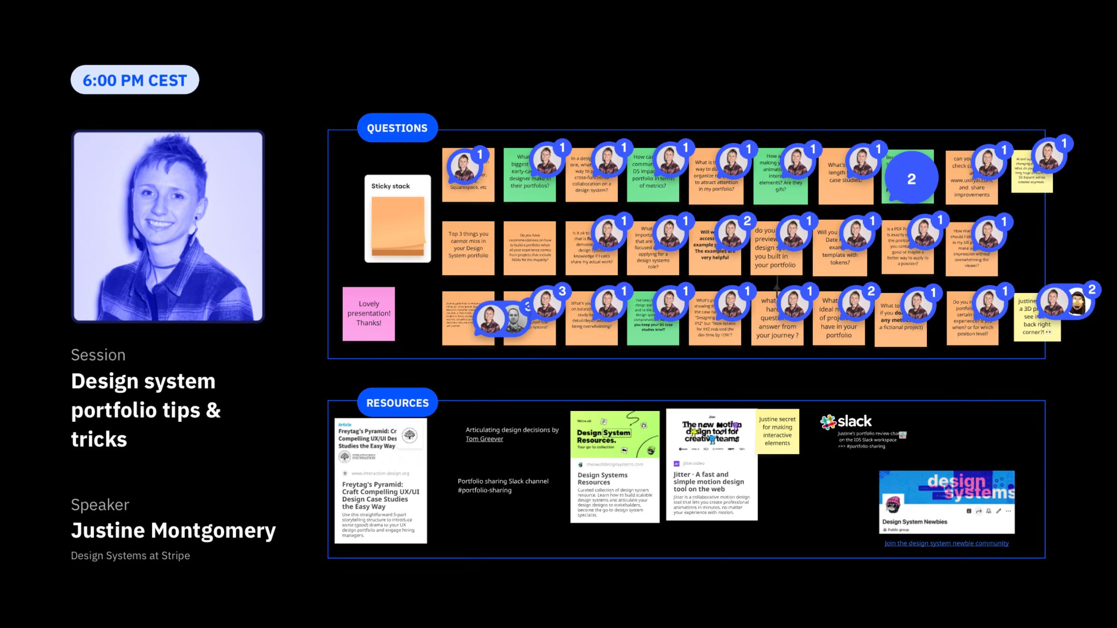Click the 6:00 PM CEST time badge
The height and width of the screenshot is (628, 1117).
pyautogui.click(x=135, y=80)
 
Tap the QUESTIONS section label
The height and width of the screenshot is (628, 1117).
pyautogui.click(x=397, y=128)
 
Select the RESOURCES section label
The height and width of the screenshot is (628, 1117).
pyautogui.click(x=397, y=403)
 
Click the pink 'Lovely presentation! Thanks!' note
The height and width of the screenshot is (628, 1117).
pyautogui.click(x=368, y=314)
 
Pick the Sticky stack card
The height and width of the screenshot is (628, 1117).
pyautogui.click(x=397, y=219)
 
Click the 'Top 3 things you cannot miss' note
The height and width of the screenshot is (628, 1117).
pyautogui.click(x=468, y=247)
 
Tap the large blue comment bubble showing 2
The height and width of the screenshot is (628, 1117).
pyautogui.click(x=911, y=179)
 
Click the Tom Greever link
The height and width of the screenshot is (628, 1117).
pyautogui.click(x=484, y=439)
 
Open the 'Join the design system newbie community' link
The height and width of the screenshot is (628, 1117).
pyautogui.click(x=946, y=543)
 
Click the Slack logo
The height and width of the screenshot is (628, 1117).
pyautogui.click(x=846, y=421)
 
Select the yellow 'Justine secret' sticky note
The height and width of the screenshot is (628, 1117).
pyautogui.click(x=777, y=432)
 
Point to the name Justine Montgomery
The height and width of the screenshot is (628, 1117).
pyautogui.click(x=173, y=531)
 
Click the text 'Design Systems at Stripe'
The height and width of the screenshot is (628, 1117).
pyautogui.click(x=130, y=556)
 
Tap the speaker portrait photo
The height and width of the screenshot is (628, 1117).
pyautogui.click(x=168, y=226)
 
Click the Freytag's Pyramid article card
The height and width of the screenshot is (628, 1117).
pyautogui.click(x=381, y=481)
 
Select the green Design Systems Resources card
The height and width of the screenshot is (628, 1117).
pyautogui.click(x=615, y=467)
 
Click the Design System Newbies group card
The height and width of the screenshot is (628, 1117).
pyautogui.click(x=947, y=502)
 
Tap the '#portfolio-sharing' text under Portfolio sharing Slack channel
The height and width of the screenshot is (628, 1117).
pyautogui.click(x=485, y=490)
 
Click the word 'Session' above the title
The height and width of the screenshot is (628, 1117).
pyautogui.click(x=98, y=355)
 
